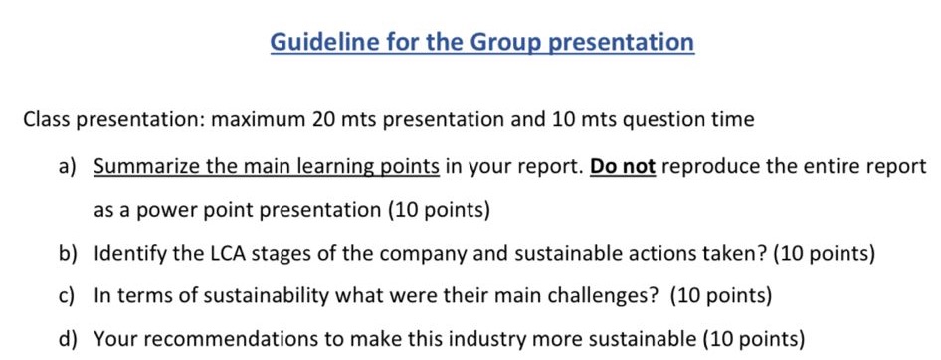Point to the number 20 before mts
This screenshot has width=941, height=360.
(323, 120)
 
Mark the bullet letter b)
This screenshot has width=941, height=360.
(67, 254)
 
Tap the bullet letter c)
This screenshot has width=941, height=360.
(67, 296)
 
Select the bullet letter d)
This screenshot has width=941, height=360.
(67, 339)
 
